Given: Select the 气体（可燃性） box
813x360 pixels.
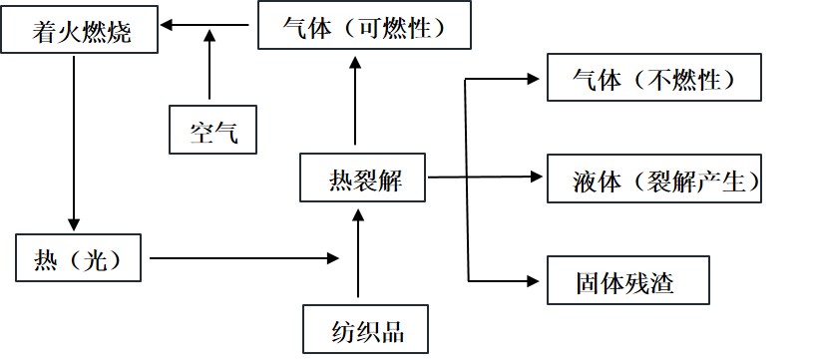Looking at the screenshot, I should click(x=364, y=27).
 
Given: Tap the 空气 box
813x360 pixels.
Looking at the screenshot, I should click(x=213, y=130).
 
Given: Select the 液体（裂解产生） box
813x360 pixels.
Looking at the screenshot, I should click(x=654, y=180).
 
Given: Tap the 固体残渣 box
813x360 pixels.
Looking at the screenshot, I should click(x=626, y=282).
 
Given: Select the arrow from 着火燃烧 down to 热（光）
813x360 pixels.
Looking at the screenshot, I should click(x=72, y=140).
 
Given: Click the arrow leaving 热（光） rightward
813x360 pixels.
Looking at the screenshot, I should click(x=244, y=258).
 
